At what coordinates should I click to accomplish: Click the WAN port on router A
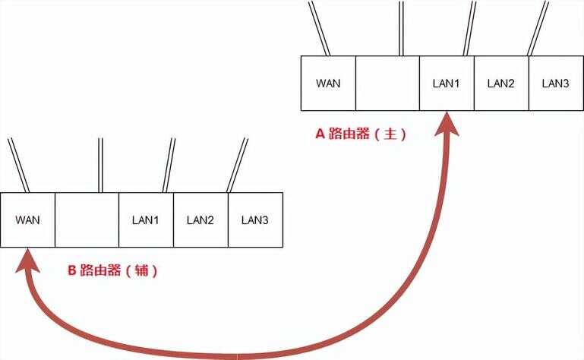(x=328, y=83)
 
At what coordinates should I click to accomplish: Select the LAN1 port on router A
(x=447, y=83)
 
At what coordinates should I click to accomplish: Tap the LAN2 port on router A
(x=501, y=83)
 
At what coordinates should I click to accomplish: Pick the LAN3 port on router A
(x=556, y=83)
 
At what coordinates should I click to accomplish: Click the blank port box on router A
(x=387, y=83)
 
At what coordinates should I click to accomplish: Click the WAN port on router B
(x=27, y=220)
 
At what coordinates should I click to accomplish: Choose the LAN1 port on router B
(x=146, y=220)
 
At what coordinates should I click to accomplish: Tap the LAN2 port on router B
(x=200, y=220)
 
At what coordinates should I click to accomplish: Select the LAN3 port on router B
(x=255, y=220)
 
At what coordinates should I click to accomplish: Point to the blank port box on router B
(x=87, y=220)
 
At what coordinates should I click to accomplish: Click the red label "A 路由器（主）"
(x=361, y=134)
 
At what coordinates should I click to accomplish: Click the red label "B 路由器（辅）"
(x=112, y=270)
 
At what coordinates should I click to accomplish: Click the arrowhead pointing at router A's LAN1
(x=447, y=125)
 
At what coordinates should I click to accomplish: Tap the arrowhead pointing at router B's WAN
(x=27, y=261)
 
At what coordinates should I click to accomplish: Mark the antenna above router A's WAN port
(x=319, y=28)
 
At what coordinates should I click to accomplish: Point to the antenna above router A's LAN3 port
(x=538, y=28)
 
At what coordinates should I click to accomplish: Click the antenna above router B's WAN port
(x=19, y=165)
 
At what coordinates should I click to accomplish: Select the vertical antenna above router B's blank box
(x=100, y=165)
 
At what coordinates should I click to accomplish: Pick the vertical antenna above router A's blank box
(x=401, y=28)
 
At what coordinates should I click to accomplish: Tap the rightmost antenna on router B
(x=237, y=165)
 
